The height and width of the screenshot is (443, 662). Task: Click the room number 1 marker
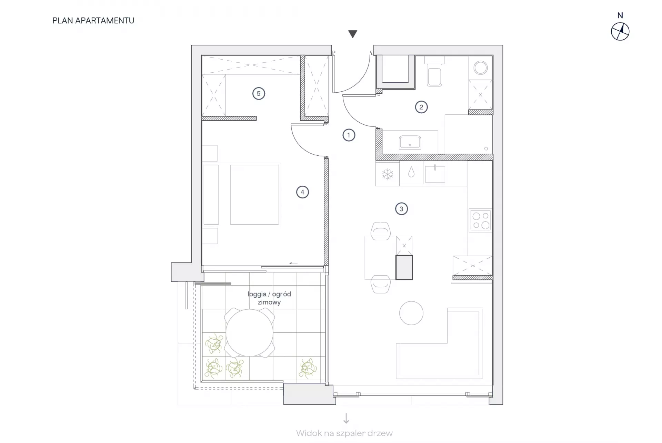(x=349, y=135)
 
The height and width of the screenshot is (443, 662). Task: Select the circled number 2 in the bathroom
(x=421, y=107)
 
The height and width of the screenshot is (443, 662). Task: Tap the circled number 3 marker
(x=401, y=209)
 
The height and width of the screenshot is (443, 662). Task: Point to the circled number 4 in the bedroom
(x=302, y=192)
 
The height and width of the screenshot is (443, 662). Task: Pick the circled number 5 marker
(x=259, y=93)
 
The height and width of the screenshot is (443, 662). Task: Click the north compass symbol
(x=620, y=32)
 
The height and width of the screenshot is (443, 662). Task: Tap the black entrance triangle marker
(x=352, y=34)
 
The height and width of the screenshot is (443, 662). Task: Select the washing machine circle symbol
(x=480, y=68)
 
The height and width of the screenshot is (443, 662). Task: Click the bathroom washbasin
(x=410, y=142)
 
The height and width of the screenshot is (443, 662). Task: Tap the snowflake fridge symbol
(x=388, y=174)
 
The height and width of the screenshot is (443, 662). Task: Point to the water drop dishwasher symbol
(x=411, y=172)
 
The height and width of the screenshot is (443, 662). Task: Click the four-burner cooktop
(x=481, y=220)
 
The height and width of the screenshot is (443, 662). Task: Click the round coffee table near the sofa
(x=411, y=313)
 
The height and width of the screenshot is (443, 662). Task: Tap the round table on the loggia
(x=249, y=333)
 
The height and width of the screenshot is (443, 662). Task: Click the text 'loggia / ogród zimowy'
(x=269, y=298)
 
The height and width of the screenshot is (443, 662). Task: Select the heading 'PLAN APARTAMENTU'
(x=93, y=21)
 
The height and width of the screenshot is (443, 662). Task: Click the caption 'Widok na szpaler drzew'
(x=344, y=433)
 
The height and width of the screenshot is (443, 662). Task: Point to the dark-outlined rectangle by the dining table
(x=404, y=267)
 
